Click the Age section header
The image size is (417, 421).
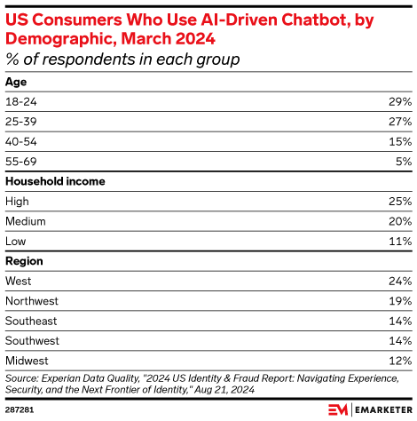pyautogui.click(x=16, y=81)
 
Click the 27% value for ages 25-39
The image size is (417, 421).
pyautogui.click(x=399, y=121)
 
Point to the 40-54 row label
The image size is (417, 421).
pyautogui.click(x=23, y=141)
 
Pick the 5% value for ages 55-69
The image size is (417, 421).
pyautogui.click(x=403, y=161)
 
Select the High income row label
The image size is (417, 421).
pyautogui.click(x=19, y=201)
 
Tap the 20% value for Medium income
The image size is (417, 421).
pyautogui.click(x=399, y=221)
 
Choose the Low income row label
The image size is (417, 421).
pyautogui.click(x=17, y=241)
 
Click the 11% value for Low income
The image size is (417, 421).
pyautogui.click(x=400, y=241)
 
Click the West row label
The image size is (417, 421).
pyautogui.click(x=20, y=281)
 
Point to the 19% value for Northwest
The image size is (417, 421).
pyautogui.click(x=400, y=301)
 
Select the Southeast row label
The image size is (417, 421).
pyautogui.click(x=32, y=321)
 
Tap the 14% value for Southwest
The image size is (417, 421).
pyautogui.click(x=400, y=341)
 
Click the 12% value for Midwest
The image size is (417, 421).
pyautogui.click(x=400, y=361)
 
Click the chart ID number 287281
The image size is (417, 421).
pyautogui.click(x=19, y=410)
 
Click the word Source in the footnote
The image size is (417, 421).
pyautogui.click(x=23, y=377)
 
